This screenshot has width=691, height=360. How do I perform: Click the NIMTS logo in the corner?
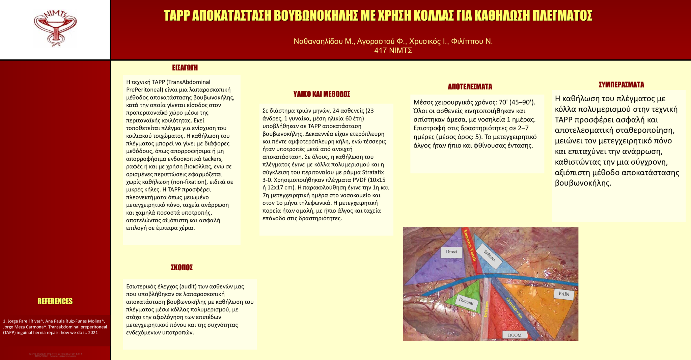[55, 28]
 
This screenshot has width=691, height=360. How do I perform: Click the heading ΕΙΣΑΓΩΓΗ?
[185, 68]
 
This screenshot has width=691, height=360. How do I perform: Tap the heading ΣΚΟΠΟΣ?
[182, 268]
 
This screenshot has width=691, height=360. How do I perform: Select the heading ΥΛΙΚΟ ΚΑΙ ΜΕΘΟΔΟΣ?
[322, 94]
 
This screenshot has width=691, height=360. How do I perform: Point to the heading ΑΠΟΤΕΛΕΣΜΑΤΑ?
[470, 87]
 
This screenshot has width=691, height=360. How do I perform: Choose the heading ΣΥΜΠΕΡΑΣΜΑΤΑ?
[621, 85]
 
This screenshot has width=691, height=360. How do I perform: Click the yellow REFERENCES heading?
[55, 301]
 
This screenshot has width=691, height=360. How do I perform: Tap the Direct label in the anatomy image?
[451, 252]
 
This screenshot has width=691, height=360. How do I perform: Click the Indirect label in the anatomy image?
[490, 255]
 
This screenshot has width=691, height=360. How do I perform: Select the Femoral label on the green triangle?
[466, 301]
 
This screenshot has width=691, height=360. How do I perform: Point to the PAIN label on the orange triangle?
[564, 294]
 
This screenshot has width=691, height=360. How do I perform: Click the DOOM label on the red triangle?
[515, 335]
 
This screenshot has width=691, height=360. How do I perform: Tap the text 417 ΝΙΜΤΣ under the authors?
[393, 51]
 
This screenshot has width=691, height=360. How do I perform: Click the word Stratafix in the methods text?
[373, 172]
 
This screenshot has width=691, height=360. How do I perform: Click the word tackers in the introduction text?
[213, 159]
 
